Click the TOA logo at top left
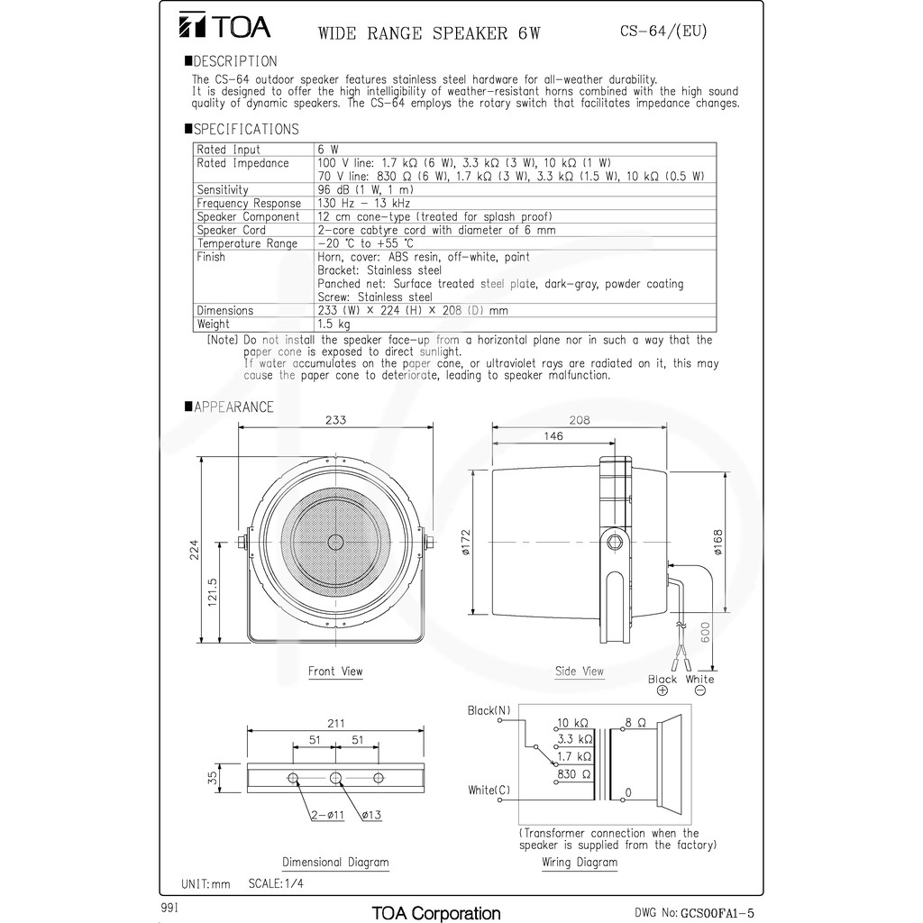224,26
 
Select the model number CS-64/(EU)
663,31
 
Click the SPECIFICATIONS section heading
242,129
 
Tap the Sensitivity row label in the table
223,189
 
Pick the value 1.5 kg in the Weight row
334,324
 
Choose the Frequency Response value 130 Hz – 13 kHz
364,203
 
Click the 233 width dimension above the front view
335,420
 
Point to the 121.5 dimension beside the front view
213,591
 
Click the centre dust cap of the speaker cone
335,542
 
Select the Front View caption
335,671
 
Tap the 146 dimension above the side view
553,436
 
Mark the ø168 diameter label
717,542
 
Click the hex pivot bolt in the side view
615,542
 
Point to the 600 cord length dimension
705,632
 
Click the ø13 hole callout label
371,815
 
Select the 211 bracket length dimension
335,723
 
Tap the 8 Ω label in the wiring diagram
635,722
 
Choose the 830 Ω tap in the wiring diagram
574,774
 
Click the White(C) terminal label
489,790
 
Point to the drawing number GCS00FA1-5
717,913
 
